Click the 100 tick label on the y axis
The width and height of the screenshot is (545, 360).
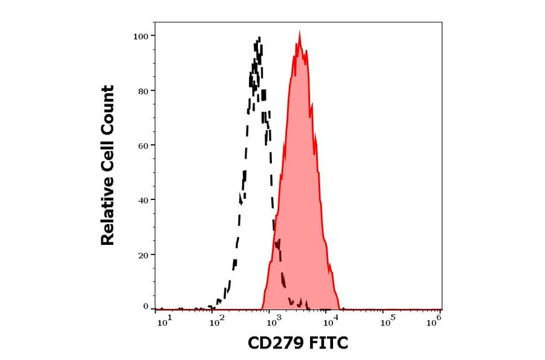click(x=141, y=36)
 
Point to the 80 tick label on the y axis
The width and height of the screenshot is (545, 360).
click(x=144, y=91)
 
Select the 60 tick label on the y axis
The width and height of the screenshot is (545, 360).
click(x=144, y=145)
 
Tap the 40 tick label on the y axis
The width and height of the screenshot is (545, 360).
click(x=144, y=200)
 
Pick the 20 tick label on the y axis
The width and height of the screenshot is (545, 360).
click(x=144, y=255)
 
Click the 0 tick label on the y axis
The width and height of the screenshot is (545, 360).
click(x=146, y=307)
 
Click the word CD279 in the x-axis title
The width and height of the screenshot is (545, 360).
click(x=275, y=344)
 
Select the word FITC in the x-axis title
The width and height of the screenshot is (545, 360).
click(x=328, y=344)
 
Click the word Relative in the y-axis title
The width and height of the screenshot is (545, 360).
click(x=108, y=216)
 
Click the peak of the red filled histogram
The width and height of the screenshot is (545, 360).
click(x=299, y=33)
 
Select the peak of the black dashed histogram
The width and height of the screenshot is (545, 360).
click(x=258, y=39)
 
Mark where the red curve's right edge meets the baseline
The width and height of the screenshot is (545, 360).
click(x=340, y=308)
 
